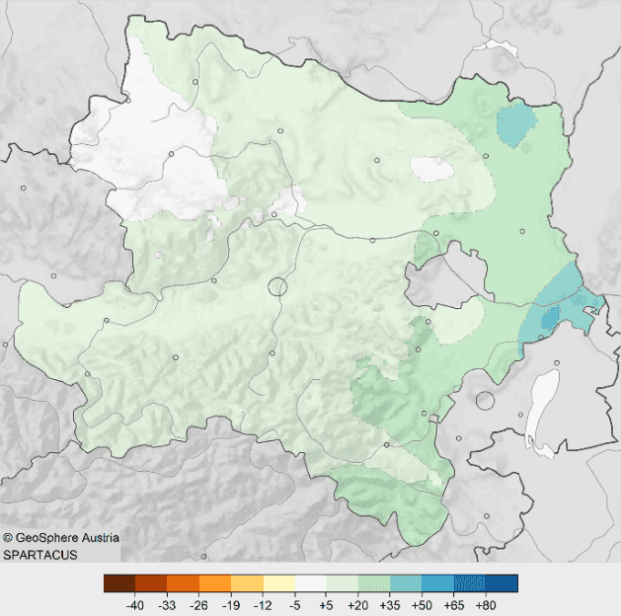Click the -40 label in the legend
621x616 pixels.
[x=135, y=604]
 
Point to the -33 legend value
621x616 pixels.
[x=167, y=604]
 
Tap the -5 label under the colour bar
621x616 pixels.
[x=293, y=604]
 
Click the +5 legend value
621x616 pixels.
[x=325, y=604]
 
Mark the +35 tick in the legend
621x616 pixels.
[x=389, y=604]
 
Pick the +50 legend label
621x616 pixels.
[x=421, y=604]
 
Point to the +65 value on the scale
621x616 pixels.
[x=453, y=604]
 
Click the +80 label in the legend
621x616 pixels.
[x=485, y=604]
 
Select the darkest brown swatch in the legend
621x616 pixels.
[x=118, y=583]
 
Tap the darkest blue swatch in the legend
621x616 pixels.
[x=502, y=583]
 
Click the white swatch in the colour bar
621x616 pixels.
[x=310, y=583]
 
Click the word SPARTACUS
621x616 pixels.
[x=39, y=556]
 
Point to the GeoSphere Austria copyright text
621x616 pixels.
[x=61, y=538]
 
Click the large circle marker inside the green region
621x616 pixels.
[x=276, y=287]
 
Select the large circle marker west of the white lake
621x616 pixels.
[x=484, y=401]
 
